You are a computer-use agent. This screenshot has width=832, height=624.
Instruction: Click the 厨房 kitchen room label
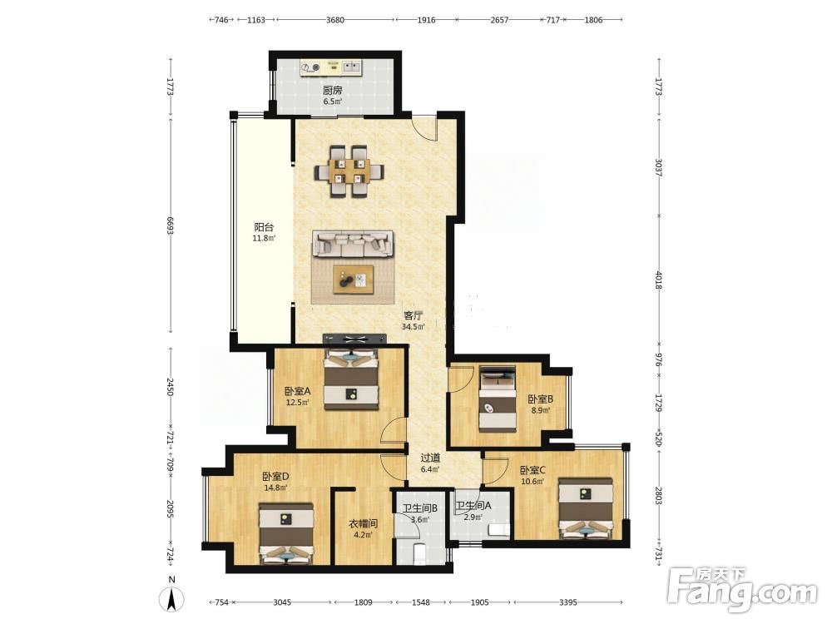coord(332,90)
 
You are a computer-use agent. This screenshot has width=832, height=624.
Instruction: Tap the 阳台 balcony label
coord(264,227)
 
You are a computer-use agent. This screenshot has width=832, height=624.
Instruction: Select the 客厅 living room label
coord(414,315)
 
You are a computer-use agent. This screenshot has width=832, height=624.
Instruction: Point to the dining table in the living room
coord(349,171)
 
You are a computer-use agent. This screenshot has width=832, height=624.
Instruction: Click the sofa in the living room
coord(352,244)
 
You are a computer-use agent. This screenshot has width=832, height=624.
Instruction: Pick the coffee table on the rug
coord(353,279)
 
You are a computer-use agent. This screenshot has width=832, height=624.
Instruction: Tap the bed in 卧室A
coord(351,379)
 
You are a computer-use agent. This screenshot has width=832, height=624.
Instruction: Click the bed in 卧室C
coord(585,508)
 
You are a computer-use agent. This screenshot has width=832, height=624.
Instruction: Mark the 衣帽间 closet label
coord(364,523)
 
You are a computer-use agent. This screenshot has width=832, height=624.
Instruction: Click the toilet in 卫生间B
coord(419,553)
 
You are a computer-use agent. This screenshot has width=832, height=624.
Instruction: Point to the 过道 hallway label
coord(430,458)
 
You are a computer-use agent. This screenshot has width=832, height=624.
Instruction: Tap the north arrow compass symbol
coord(171,600)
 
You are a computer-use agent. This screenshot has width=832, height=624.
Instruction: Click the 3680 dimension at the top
coord(335,20)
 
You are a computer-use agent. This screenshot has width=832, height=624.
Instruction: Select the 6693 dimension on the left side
coord(171,225)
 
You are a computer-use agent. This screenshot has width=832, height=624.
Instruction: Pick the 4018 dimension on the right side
coord(658,280)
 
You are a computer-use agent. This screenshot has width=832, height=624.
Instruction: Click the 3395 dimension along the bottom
coord(567,602)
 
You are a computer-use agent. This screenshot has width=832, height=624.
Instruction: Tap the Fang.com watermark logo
coord(743,589)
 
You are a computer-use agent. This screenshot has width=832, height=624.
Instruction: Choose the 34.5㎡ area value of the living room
coord(414,327)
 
